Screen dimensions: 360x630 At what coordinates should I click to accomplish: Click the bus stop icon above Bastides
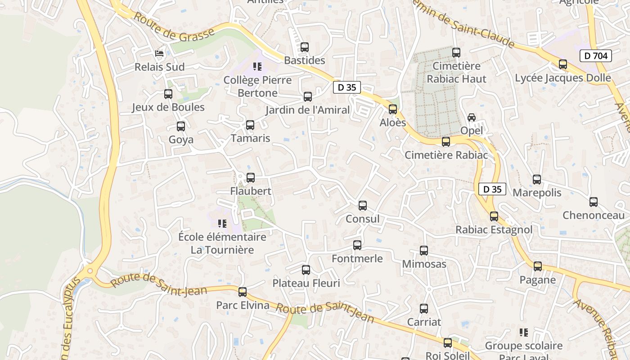[x=305, y=47]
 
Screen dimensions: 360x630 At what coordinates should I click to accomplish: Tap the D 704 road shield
[x=596, y=56]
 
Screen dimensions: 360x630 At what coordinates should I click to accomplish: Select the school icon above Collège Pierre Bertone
[x=257, y=67]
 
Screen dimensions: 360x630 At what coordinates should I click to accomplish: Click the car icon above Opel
[x=472, y=117]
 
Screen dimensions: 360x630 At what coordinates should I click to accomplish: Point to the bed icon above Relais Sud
[x=159, y=54]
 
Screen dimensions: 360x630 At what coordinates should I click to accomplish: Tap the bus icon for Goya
[x=181, y=126]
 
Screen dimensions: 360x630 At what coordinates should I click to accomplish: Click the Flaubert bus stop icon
[x=251, y=178]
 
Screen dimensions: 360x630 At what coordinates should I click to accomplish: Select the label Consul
[x=362, y=219]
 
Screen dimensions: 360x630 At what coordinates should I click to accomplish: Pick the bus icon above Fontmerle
[x=357, y=245]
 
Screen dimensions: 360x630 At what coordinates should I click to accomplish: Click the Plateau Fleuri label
[x=306, y=283]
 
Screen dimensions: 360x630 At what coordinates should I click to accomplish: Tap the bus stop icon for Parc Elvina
[x=243, y=292]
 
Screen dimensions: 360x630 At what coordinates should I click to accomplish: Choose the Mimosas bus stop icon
[x=424, y=251]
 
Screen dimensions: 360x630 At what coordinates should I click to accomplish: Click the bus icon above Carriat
[x=424, y=309]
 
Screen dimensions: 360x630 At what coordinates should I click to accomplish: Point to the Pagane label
[x=538, y=280]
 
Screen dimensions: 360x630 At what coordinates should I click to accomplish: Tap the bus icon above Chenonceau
[x=594, y=202]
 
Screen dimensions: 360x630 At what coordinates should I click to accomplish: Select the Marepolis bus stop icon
[x=537, y=180]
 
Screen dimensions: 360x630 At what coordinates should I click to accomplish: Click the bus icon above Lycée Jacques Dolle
[x=563, y=64]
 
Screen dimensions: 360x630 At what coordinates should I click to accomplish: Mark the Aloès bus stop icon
[x=393, y=109]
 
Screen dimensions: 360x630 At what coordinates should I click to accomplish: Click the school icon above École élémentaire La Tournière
[x=222, y=224]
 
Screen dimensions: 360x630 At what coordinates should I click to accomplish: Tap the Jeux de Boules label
[x=168, y=107]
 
